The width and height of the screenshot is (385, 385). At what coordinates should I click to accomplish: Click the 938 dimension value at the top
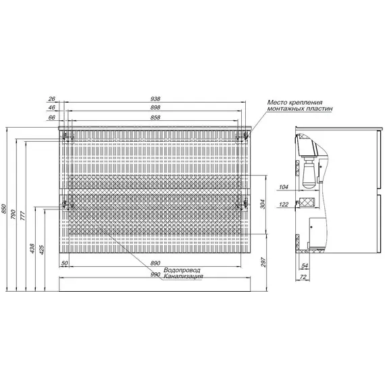[x=155, y=99]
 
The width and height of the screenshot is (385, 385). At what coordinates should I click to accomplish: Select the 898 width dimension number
[x=155, y=107]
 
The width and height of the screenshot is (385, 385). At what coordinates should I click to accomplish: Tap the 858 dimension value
[x=155, y=118]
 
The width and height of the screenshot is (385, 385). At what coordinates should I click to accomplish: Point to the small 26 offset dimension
[x=51, y=99]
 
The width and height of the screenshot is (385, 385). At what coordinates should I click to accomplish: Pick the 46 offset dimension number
[x=51, y=107]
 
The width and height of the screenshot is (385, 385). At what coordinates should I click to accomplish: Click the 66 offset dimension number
[x=51, y=118]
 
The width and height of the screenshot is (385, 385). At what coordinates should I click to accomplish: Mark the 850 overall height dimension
[x=3, y=209]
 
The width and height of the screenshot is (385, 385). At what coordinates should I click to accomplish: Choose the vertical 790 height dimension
[x=14, y=214]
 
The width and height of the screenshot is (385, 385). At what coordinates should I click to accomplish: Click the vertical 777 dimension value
[x=23, y=215]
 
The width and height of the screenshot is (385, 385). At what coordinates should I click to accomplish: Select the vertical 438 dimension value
[x=32, y=249]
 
